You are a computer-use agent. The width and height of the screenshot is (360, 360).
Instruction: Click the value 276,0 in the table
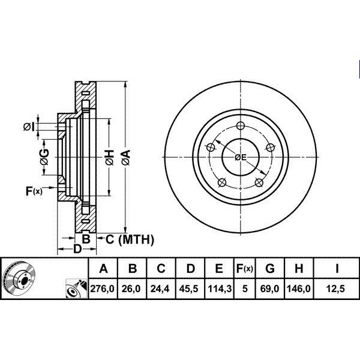click(x=103, y=289)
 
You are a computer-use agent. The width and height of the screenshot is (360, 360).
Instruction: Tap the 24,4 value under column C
click(x=160, y=289)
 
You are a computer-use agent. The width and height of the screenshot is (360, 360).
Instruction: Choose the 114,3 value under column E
click(x=218, y=289)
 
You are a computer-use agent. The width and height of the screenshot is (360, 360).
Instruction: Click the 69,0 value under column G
click(x=270, y=289)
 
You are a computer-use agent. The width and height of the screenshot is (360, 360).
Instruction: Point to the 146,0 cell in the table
click(x=299, y=289)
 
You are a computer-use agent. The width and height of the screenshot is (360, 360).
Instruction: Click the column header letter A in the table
click(x=104, y=268)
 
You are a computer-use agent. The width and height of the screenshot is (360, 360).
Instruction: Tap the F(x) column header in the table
click(x=245, y=268)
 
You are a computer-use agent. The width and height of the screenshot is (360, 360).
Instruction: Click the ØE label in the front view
click(x=241, y=157)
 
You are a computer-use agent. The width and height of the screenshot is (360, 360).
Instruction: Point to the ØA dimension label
click(x=126, y=157)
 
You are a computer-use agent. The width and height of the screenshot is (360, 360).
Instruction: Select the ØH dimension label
click(x=110, y=157)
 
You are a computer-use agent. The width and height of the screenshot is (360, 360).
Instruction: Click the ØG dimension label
click(x=44, y=157)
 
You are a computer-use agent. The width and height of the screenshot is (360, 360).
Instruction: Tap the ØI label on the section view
click(x=29, y=127)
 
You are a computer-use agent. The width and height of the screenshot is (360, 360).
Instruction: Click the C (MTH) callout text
click(x=130, y=239)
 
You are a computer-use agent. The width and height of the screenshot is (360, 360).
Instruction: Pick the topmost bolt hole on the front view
click(x=241, y=125)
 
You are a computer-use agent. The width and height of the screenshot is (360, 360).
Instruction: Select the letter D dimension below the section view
click(x=77, y=249)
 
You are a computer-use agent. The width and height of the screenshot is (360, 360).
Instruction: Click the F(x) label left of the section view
click(x=34, y=191)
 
